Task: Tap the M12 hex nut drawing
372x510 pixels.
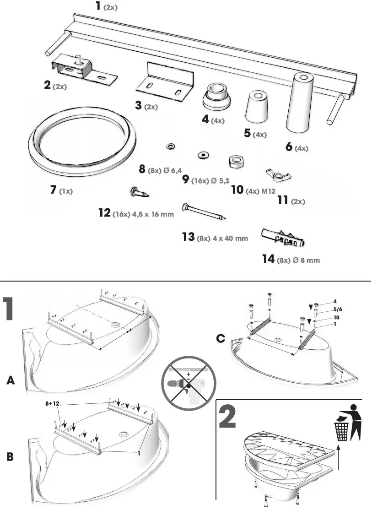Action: [x=236, y=161]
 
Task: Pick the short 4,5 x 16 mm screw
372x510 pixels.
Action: [x=139, y=192]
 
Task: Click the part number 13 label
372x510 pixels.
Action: [x=188, y=237]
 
